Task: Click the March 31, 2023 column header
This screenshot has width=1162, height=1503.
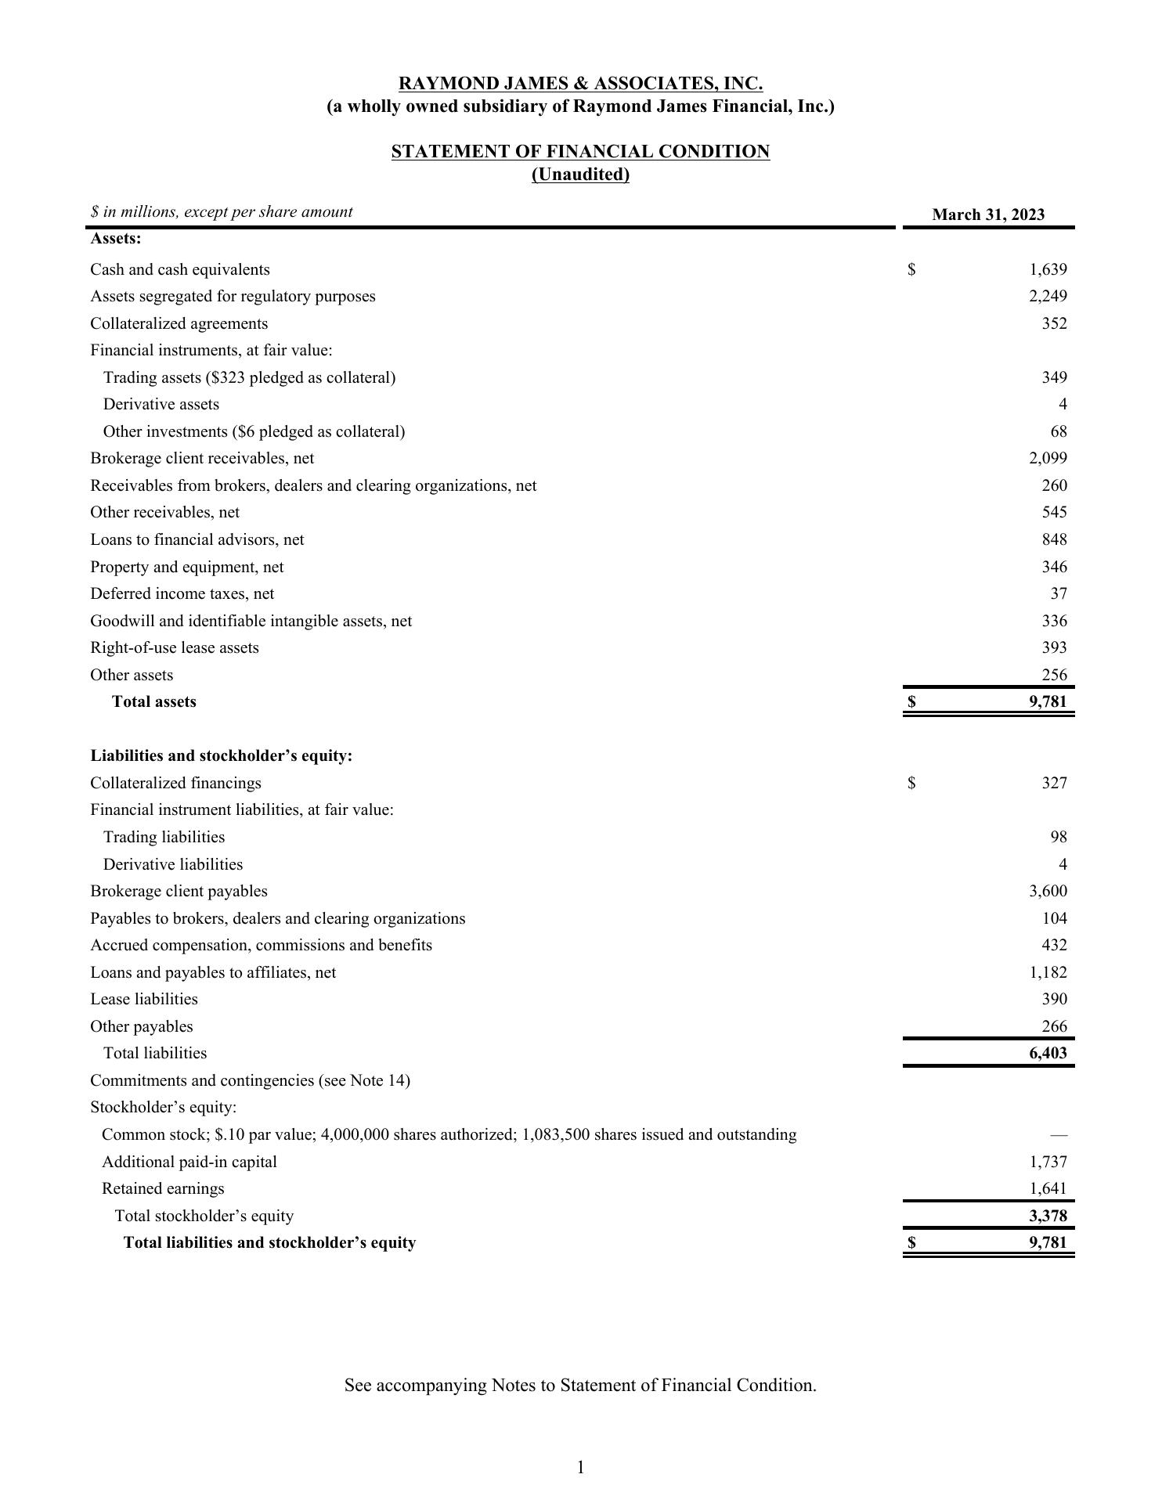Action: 988,215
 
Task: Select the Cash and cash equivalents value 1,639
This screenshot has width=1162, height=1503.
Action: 1048,269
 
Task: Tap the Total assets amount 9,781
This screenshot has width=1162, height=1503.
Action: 1048,701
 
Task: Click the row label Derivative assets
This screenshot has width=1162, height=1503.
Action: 161,404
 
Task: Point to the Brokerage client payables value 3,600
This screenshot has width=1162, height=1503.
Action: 1048,891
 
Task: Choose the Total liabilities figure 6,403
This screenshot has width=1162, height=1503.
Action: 1048,1053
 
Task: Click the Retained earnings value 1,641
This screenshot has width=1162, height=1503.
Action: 1048,1188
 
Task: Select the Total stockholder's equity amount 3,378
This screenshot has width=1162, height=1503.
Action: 1048,1216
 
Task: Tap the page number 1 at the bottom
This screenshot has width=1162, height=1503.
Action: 581,1467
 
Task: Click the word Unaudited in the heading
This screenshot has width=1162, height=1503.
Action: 580,175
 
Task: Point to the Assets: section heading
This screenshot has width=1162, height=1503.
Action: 116,238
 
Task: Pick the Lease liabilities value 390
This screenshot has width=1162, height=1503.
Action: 1054,999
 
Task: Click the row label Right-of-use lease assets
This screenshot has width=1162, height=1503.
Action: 175,647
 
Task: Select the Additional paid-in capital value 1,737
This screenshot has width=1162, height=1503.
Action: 1048,1162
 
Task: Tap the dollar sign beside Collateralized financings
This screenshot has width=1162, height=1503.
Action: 911,783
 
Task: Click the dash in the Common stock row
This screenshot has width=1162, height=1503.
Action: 1059,1134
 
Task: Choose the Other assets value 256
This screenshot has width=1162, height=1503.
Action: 1054,675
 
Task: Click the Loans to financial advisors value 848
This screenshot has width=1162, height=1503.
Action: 1054,539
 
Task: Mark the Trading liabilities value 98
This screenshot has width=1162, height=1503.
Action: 1059,837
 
